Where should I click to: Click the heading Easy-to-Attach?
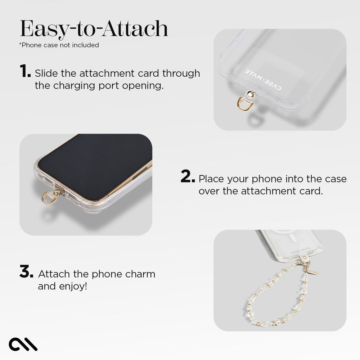94,28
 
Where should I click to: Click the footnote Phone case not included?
59,45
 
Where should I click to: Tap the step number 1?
25,72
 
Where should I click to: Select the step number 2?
188,177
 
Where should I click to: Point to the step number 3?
26,272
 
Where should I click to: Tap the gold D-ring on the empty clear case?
246,104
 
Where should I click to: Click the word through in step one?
181,73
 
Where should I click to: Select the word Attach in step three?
54,274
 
